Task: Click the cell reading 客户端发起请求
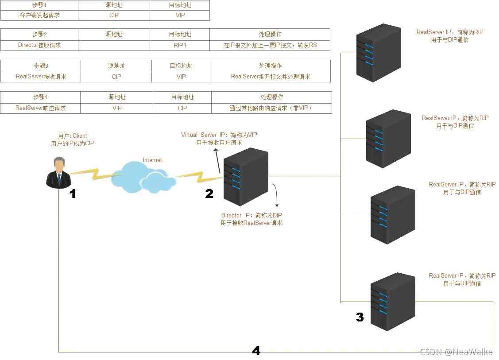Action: click(39, 15)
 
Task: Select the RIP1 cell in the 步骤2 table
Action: click(180, 45)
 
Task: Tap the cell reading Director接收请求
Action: click(39, 45)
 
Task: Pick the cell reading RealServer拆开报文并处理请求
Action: click(271, 77)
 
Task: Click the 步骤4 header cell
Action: click(40, 97)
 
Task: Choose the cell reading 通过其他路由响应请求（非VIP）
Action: click(271, 108)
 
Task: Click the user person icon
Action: click(58, 173)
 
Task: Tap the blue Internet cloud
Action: click(143, 177)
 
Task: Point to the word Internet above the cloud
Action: click(152, 160)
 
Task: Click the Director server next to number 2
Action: click(246, 176)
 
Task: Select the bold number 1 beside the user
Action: click(73, 194)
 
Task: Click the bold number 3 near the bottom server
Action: click(360, 317)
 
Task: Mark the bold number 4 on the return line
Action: click(256, 351)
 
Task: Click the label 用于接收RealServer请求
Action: click(251, 223)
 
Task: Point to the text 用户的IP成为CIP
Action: click(73, 143)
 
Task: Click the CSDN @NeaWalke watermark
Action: click(456, 352)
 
